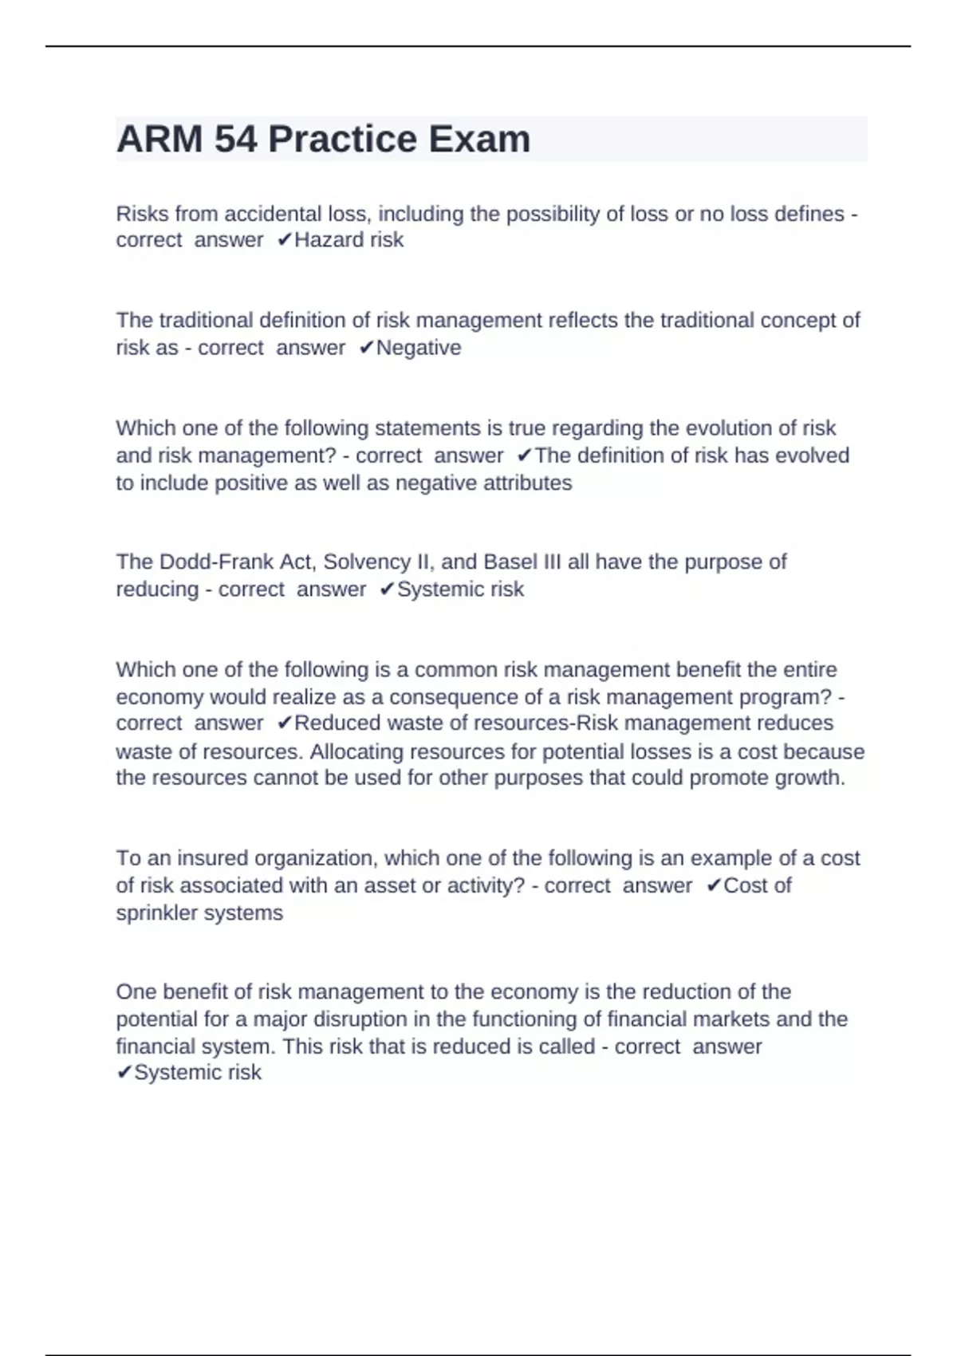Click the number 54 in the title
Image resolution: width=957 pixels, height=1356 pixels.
click(x=236, y=140)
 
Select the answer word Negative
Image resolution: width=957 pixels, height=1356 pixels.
click(x=419, y=348)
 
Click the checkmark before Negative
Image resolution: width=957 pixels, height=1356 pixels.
click(x=366, y=348)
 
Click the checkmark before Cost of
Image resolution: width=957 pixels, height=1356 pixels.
click(x=714, y=885)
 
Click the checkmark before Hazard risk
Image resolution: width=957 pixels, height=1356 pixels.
click(x=285, y=240)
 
